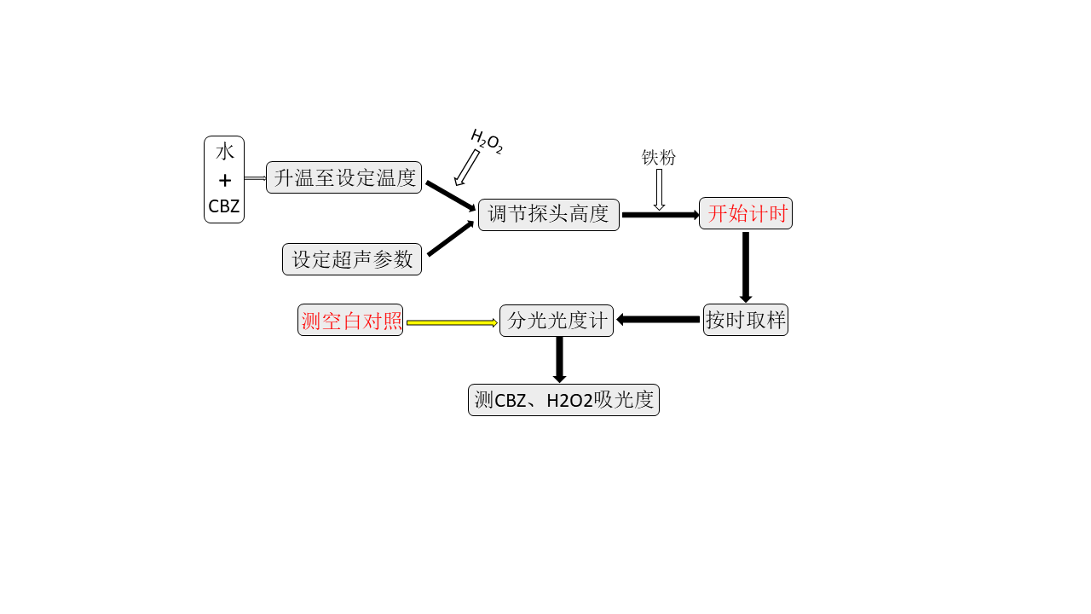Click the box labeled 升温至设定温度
click(x=343, y=177)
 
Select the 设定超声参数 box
click(x=352, y=259)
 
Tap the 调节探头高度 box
click(x=548, y=214)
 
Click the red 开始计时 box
click(x=746, y=213)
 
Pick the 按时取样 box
click(x=746, y=320)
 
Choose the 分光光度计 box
click(x=557, y=321)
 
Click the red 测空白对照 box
click(x=350, y=320)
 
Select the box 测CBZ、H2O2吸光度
click(x=563, y=400)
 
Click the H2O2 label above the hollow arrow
click(x=487, y=142)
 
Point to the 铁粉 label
click(x=659, y=158)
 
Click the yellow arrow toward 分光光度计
click(x=452, y=322)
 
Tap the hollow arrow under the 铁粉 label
click(x=659, y=189)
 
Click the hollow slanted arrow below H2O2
click(x=466, y=168)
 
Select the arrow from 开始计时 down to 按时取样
click(x=746, y=267)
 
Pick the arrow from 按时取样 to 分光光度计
click(x=658, y=320)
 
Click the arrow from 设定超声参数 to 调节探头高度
click(x=451, y=238)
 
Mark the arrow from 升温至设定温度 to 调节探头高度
click(x=451, y=196)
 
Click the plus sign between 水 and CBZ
click(x=224, y=181)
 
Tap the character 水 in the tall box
click(x=224, y=152)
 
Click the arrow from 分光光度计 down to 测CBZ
click(x=560, y=360)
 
